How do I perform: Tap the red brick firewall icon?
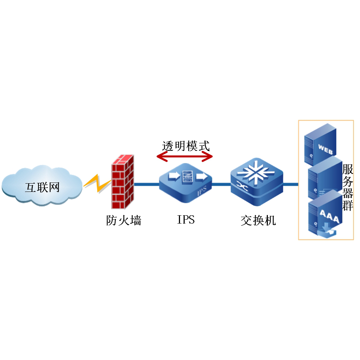[x=123, y=182]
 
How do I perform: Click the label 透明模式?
[x=185, y=146]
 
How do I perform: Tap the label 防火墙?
[x=123, y=220]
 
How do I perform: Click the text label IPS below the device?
[x=186, y=219]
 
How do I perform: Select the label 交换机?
[x=258, y=220]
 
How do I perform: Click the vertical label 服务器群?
[x=347, y=187]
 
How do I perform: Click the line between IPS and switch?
[x=221, y=184]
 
